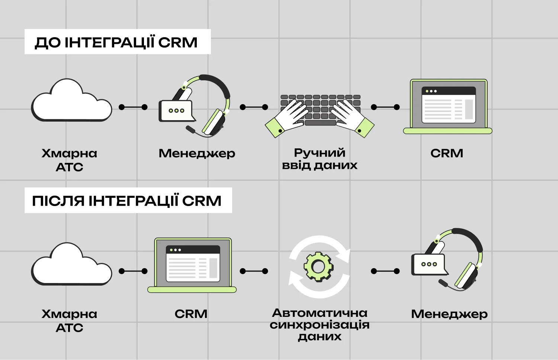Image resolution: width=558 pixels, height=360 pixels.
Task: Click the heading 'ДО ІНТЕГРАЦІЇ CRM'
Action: point(116,42)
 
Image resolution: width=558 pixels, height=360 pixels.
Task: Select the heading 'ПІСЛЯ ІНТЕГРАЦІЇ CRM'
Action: point(127,201)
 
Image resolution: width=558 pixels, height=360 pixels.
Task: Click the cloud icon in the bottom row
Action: point(71,265)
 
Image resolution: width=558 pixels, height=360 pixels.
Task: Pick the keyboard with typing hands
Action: point(320,112)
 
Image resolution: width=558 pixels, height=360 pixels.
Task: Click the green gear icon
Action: point(319,266)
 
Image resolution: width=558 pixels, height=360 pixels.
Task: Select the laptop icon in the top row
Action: point(448,106)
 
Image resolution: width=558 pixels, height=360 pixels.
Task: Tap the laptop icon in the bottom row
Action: point(192,265)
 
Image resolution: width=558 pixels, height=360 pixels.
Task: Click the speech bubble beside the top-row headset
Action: point(176,110)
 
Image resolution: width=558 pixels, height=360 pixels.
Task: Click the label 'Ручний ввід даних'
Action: point(320,159)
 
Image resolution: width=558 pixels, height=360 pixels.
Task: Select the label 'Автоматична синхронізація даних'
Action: point(320,324)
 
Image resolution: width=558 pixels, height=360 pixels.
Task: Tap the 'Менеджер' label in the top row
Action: point(197,153)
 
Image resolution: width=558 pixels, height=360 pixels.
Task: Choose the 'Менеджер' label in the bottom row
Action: point(449,314)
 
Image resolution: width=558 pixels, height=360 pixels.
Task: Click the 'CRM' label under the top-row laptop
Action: point(447,153)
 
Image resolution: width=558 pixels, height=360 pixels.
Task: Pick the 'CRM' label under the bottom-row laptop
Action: point(191,314)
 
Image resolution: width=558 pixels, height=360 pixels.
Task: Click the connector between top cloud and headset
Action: point(133,107)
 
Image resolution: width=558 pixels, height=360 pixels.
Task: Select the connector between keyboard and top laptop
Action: point(385,107)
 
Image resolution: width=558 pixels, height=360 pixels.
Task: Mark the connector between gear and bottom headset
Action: point(385,271)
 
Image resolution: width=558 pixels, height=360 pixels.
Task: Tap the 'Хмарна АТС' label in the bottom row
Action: point(70,321)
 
